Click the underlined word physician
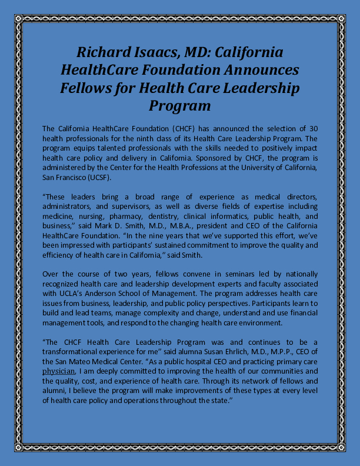click(x=59, y=372)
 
